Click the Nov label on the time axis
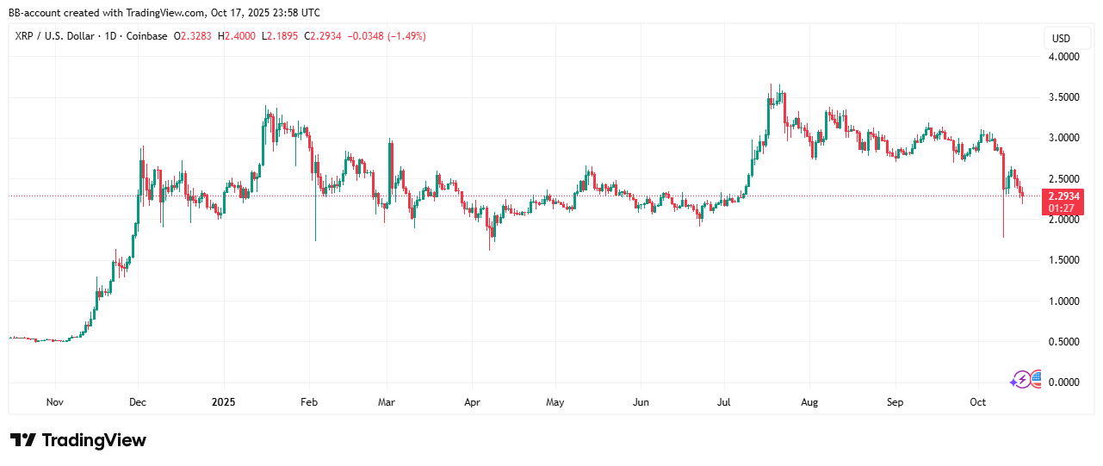point(55,402)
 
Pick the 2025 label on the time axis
point(223,402)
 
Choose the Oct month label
point(977,402)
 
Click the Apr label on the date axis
point(471,402)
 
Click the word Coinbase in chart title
point(144,36)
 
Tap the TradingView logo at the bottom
point(78,440)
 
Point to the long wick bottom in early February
point(315,240)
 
